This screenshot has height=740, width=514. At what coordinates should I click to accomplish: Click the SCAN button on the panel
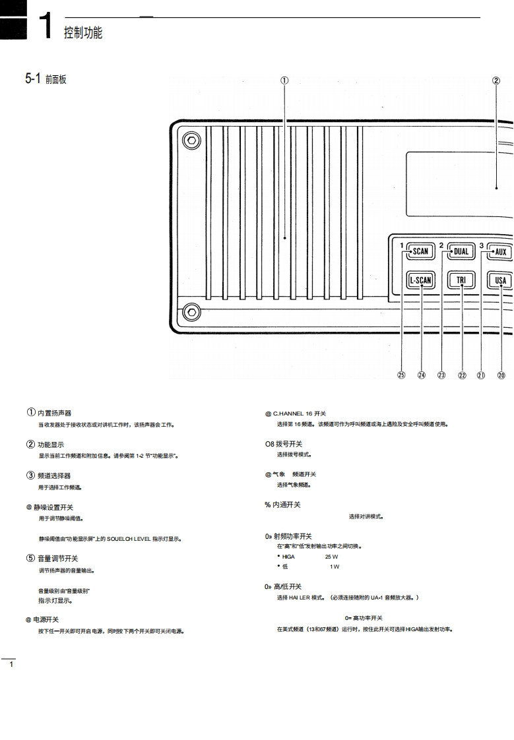[x=420, y=251]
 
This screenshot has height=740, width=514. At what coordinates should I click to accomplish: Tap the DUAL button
[x=461, y=251]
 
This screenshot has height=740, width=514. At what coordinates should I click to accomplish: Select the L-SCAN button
[x=420, y=280]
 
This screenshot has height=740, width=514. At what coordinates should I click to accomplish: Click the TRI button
[x=461, y=280]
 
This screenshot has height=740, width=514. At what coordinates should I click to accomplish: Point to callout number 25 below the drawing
[x=401, y=375]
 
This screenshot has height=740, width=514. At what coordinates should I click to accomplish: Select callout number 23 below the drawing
[x=441, y=375]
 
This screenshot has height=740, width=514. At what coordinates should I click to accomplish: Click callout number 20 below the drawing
[x=501, y=375]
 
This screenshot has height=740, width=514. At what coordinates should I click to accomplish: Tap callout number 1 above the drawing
[x=284, y=81]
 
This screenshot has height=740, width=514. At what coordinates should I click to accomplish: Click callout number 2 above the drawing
[x=496, y=81]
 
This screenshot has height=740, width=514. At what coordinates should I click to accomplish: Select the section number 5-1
[x=34, y=80]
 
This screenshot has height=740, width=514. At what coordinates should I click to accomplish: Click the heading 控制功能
[x=83, y=33]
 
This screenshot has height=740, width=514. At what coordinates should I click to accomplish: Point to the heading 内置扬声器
[x=54, y=414]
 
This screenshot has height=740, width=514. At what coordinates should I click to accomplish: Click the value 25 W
[x=339, y=557]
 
